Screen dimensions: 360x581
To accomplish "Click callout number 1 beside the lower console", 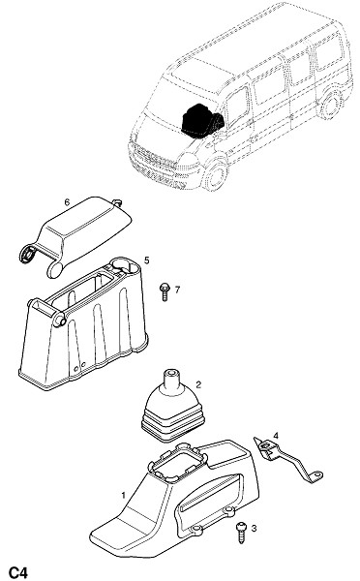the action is pyautogui.click(x=123, y=495).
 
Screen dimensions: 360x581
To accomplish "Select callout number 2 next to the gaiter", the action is pyautogui.click(x=198, y=384).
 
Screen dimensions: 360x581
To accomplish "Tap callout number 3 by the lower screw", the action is pyautogui.click(x=254, y=529).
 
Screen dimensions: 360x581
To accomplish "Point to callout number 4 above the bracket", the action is pyautogui.click(x=276, y=436).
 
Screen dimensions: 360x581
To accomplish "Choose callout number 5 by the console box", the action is pyautogui.click(x=147, y=260).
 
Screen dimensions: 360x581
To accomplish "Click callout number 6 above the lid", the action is pyautogui.click(x=67, y=202).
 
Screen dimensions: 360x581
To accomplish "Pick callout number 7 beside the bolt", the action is pyautogui.click(x=177, y=290).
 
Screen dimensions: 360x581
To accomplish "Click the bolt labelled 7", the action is pyautogui.click(x=165, y=292).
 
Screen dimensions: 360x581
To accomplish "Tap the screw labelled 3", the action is pyautogui.click(x=240, y=532).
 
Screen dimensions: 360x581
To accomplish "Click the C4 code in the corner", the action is pyautogui.click(x=17, y=572).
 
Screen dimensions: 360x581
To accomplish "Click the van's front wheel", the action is pyautogui.click(x=216, y=176).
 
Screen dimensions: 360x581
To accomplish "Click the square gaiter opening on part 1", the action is pyautogui.click(x=177, y=462).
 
